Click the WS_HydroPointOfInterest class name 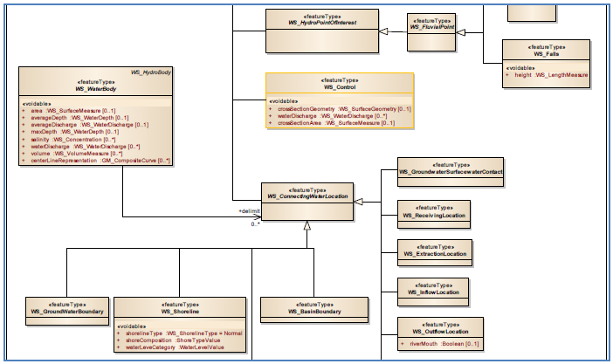(x=320, y=22)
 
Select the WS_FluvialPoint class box (x=433, y=24)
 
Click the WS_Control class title (x=341, y=87)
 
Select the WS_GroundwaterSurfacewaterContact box (x=450, y=169)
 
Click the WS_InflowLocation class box (x=434, y=290)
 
